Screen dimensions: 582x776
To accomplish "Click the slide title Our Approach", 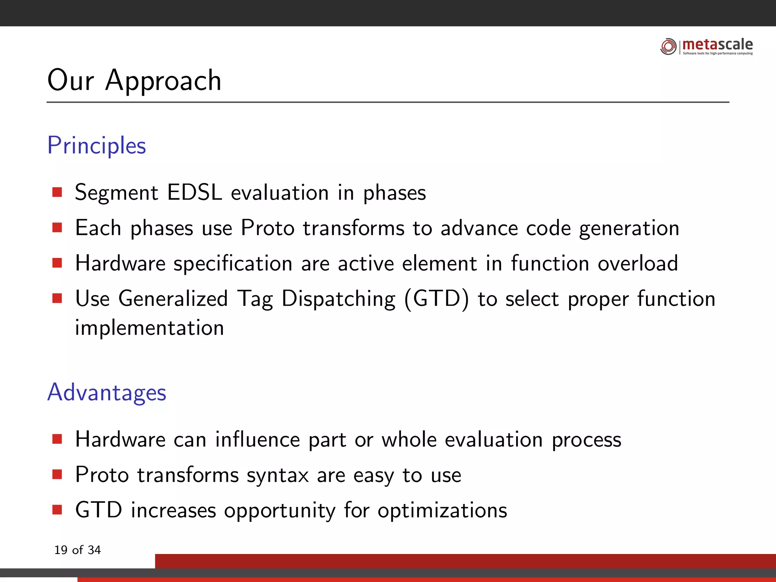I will (x=134, y=80).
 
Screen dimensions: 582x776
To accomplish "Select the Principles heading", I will (x=97, y=145).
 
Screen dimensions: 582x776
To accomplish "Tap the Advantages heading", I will (x=106, y=392).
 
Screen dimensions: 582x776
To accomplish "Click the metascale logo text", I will (x=717, y=45).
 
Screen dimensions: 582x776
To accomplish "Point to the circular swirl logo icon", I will (x=668, y=47).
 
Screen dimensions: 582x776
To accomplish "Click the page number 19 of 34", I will (x=77, y=550).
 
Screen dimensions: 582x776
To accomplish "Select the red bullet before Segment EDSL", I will (x=57, y=192).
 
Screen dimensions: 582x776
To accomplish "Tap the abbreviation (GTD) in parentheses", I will (x=436, y=299).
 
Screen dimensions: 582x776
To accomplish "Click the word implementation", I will (x=149, y=328).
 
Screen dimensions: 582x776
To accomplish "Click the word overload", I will (x=638, y=263).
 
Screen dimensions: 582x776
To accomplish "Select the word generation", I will (x=629, y=228).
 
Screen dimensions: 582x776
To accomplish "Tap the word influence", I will (x=257, y=440).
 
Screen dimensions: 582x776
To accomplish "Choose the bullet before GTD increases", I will (x=57, y=510).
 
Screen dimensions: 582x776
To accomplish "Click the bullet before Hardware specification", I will (x=57, y=263).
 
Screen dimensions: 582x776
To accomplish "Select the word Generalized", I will (x=173, y=299).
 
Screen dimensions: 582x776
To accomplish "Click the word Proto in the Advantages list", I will (x=102, y=475).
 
